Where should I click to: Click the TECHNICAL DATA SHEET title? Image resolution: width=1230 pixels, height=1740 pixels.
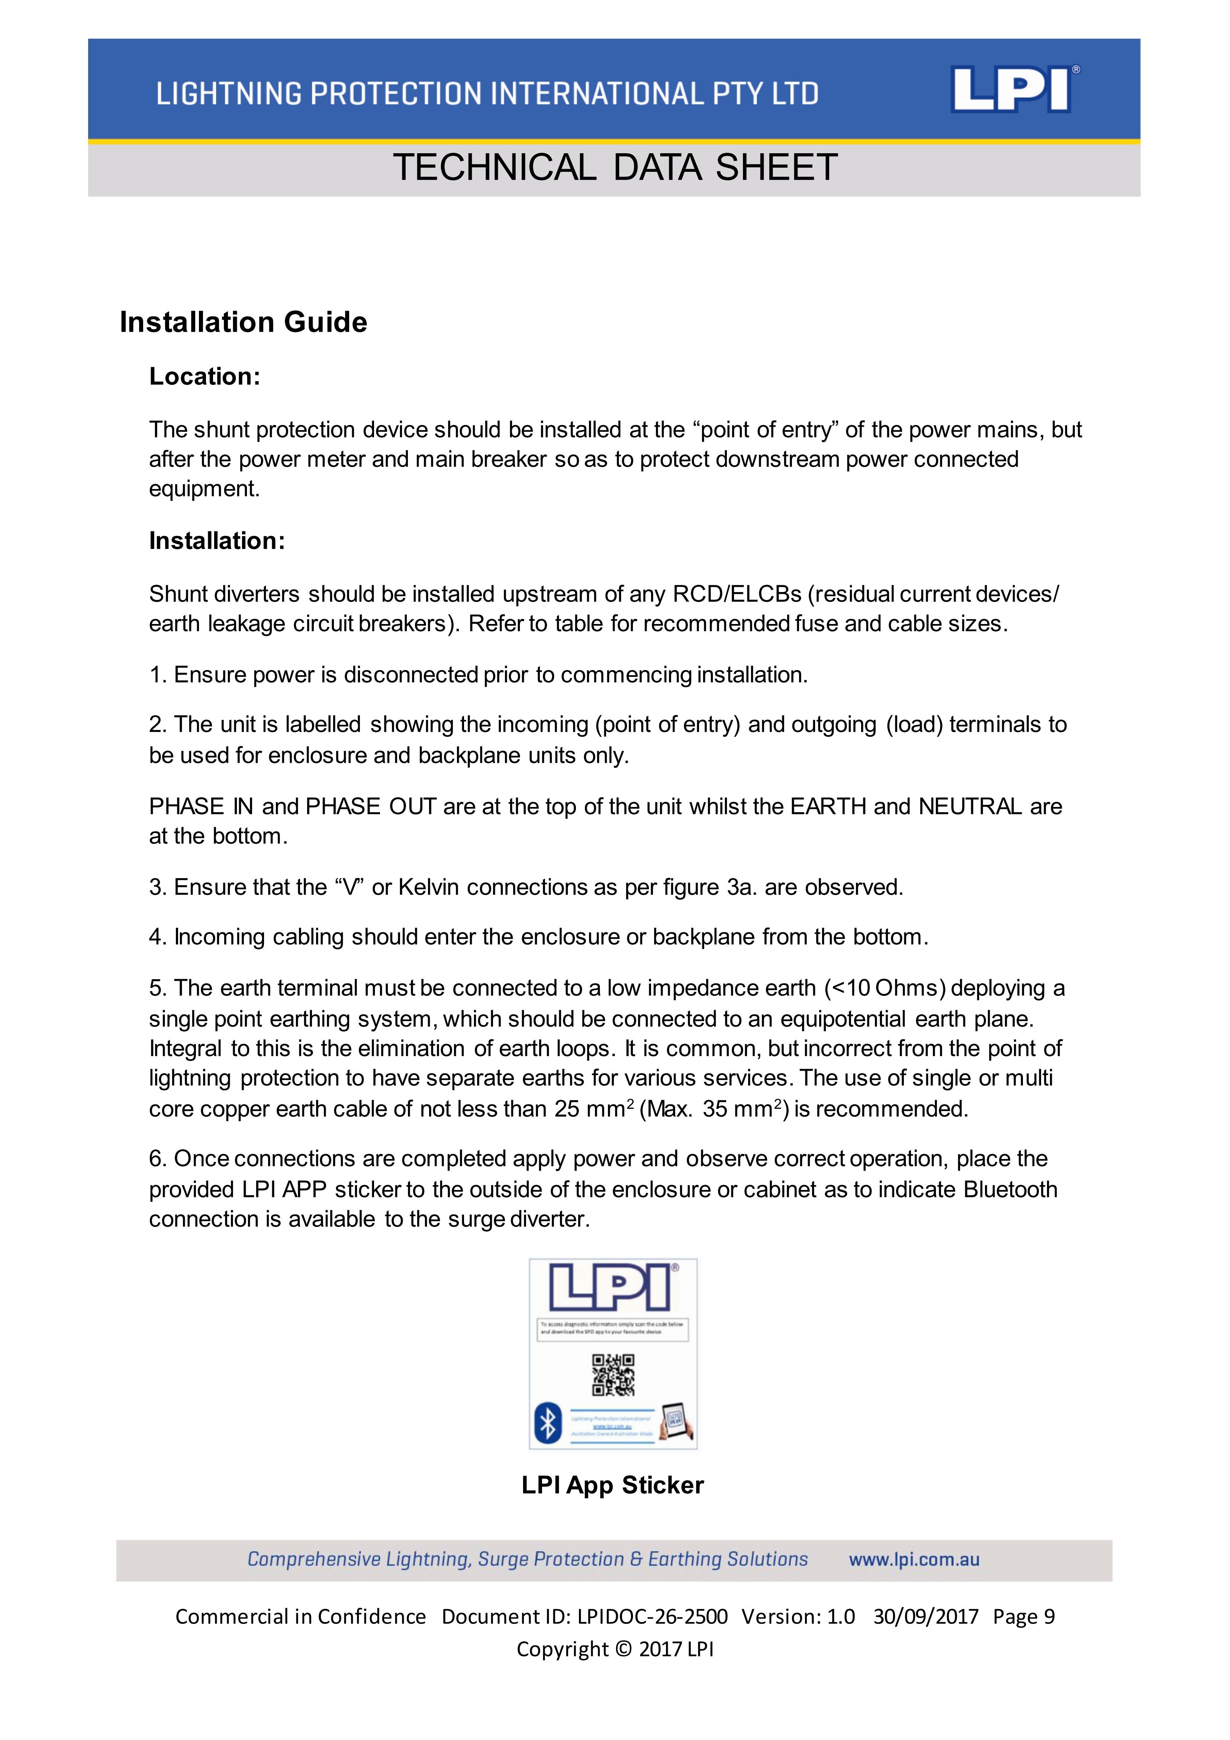click(615, 167)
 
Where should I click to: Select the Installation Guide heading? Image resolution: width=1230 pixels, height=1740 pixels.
click(243, 322)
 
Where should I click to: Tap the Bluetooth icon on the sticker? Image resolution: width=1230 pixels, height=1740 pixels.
click(548, 1422)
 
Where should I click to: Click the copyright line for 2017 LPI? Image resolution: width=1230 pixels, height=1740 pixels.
click(615, 1649)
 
